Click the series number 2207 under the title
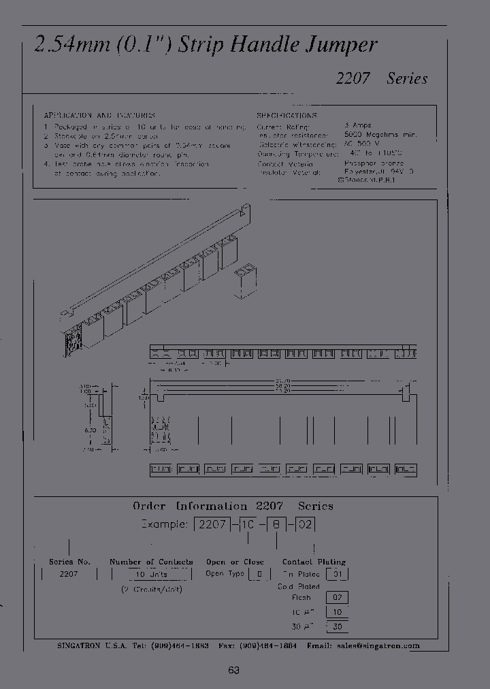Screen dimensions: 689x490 click(x=353, y=78)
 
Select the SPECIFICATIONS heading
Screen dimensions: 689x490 click(x=283, y=116)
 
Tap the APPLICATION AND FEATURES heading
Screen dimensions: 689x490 click(x=99, y=116)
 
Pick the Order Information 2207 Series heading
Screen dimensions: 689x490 click(x=233, y=507)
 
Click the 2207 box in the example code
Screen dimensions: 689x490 click(x=208, y=525)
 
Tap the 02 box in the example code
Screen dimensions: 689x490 click(x=306, y=525)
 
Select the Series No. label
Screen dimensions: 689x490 click(x=70, y=562)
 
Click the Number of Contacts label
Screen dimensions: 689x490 click(x=151, y=562)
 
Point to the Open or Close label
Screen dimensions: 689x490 click(x=235, y=562)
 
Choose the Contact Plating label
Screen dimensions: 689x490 click(x=314, y=562)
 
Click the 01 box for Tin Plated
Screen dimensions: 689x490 click(x=337, y=574)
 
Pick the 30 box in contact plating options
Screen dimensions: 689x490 click(x=337, y=627)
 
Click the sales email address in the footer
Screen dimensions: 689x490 click(x=387, y=645)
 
